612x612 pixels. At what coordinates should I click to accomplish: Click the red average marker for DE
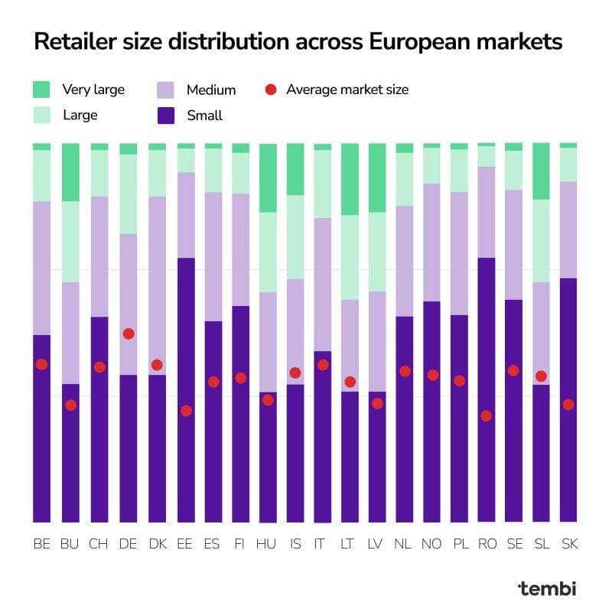coord(129,334)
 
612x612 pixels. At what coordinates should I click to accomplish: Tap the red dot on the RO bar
coord(486,416)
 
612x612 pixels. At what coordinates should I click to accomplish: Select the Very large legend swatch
coord(42,90)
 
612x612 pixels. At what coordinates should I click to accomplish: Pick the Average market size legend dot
coord(270,90)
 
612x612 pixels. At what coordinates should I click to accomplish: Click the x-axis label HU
coord(268,544)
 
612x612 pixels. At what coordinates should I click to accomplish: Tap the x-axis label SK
coord(568,544)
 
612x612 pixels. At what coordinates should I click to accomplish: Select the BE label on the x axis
coord(41,544)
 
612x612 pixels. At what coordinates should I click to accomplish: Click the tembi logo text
coord(547,588)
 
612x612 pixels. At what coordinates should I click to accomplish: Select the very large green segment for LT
coord(350,179)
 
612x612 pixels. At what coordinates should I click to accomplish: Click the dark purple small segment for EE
coord(186,390)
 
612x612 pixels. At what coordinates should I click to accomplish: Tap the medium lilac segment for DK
coord(158,285)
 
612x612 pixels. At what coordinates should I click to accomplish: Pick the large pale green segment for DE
coord(129,194)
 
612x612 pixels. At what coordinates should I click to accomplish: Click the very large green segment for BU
coord(70,172)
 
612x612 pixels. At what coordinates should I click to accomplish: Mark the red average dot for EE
coord(186,411)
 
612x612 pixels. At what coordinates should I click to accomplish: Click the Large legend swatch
coord(42,116)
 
